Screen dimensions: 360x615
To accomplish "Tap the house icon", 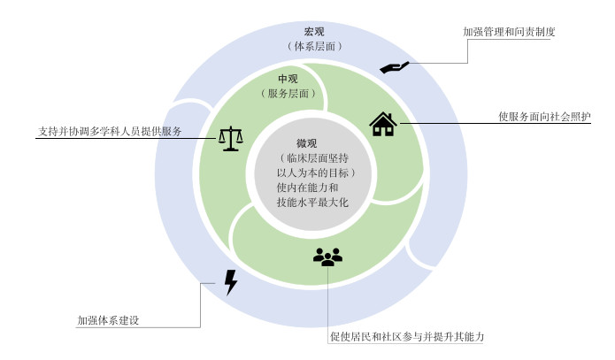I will [382, 124].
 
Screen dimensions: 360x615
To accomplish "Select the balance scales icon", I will [231, 138].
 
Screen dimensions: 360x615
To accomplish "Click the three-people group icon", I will [327, 257].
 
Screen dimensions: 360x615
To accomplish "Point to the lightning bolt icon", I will [231, 282].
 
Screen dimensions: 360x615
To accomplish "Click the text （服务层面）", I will [289, 93].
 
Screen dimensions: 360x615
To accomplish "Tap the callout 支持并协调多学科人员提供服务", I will [110, 132].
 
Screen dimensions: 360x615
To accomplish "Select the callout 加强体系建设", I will [109, 319].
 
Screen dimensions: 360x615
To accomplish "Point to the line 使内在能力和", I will [308, 188].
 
